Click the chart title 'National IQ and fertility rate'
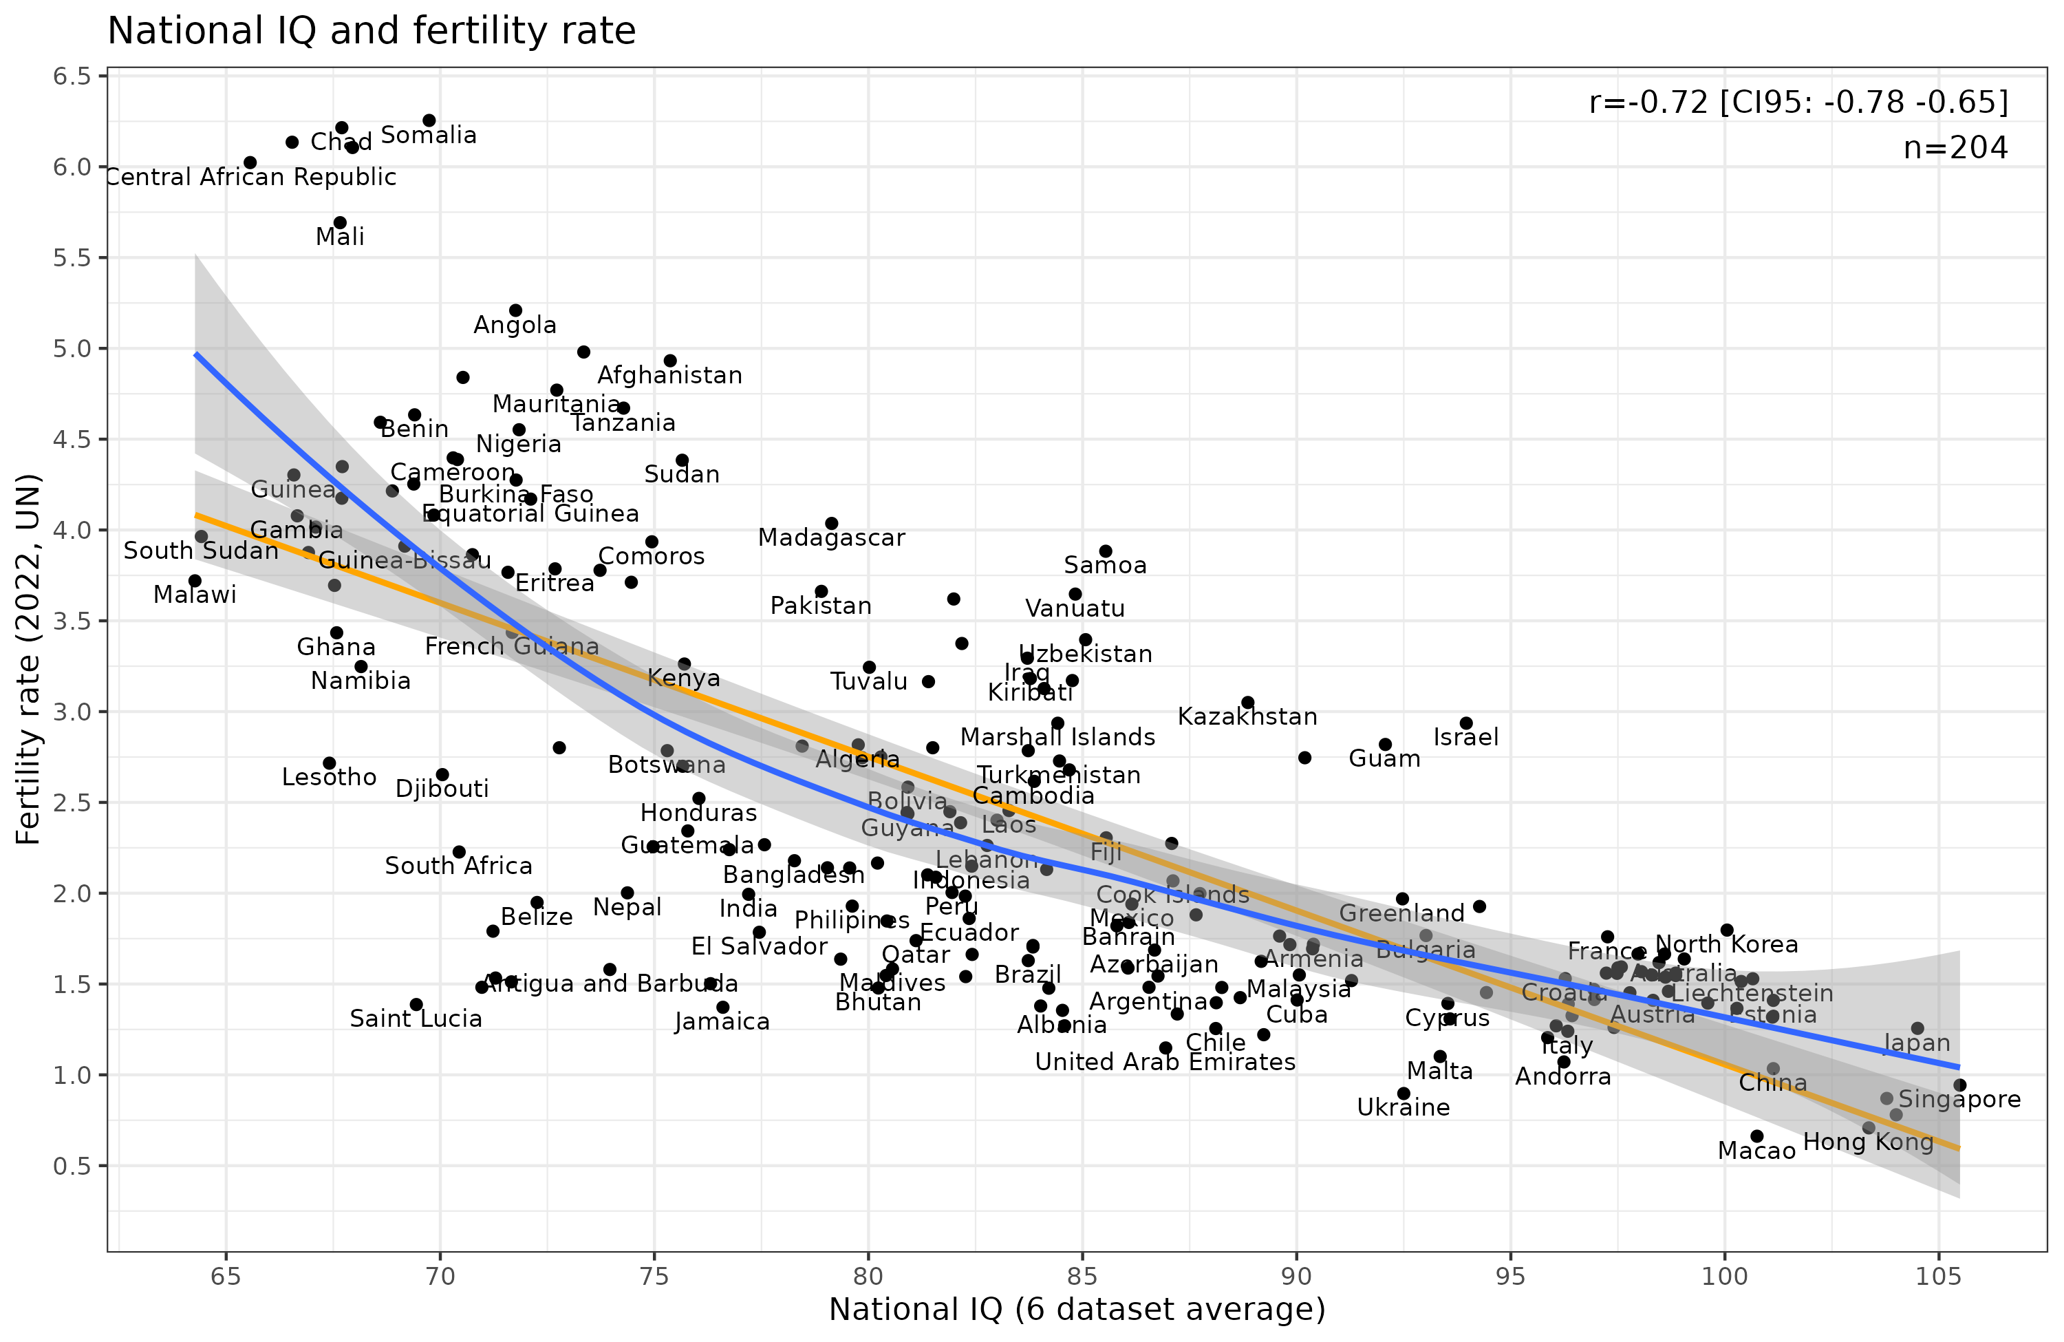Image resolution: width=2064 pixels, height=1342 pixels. tap(371, 31)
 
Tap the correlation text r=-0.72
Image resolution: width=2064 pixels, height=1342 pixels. tap(1798, 103)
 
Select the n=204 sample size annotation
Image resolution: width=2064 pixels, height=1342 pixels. tap(1955, 149)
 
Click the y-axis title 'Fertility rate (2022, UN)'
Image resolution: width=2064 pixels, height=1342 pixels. tap(29, 659)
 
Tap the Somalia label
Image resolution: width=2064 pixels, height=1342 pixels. tap(429, 136)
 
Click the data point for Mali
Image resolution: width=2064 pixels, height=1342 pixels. tap(340, 223)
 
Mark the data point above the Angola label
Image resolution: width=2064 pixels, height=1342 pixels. tap(515, 310)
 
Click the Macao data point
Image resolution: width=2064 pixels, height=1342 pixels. tap(1757, 1136)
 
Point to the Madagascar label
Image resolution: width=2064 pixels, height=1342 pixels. tap(831, 538)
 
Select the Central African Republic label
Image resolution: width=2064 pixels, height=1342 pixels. tap(250, 177)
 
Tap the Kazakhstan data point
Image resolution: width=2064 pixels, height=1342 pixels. tap(1248, 703)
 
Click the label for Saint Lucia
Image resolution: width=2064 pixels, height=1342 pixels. tap(416, 1019)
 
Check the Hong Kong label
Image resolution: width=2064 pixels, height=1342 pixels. tap(1868, 1142)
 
